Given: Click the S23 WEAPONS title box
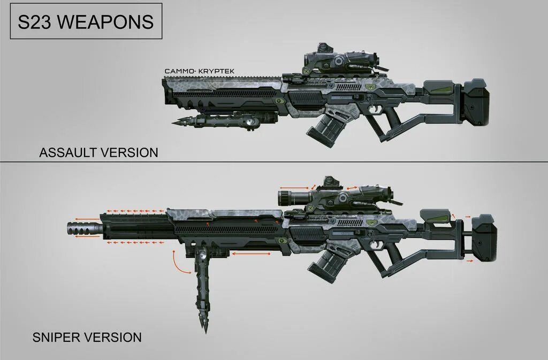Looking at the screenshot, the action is pyautogui.click(x=86, y=22).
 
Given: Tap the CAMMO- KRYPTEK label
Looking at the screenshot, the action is pyautogui.click(x=200, y=71).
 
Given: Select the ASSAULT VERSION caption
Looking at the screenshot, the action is pyautogui.click(x=98, y=152).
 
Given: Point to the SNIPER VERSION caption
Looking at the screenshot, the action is pyautogui.click(x=87, y=338).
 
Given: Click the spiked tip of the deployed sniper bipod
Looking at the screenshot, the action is pyautogui.click(x=205, y=324).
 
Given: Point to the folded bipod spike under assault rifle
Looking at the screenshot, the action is pyautogui.click(x=179, y=122).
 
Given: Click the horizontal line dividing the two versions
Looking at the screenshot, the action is pyautogui.click(x=274, y=162).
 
